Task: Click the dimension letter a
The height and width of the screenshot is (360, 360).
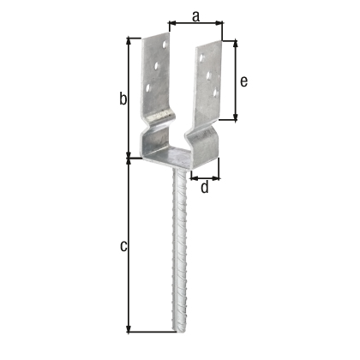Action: click(195, 15)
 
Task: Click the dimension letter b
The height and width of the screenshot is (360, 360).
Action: click(123, 99)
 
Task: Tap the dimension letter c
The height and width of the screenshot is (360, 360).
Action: click(123, 247)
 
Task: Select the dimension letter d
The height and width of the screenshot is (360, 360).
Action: click(204, 187)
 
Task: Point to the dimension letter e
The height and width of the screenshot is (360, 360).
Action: click(243, 81)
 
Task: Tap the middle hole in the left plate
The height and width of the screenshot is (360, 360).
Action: click(156, 64)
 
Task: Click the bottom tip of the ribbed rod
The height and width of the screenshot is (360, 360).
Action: click(183, 333)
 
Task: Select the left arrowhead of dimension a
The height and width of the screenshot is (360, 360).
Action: click(170, 23)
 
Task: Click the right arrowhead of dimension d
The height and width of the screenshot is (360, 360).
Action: click(219, 178)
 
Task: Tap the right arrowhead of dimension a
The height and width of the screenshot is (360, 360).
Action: click(220, 23)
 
